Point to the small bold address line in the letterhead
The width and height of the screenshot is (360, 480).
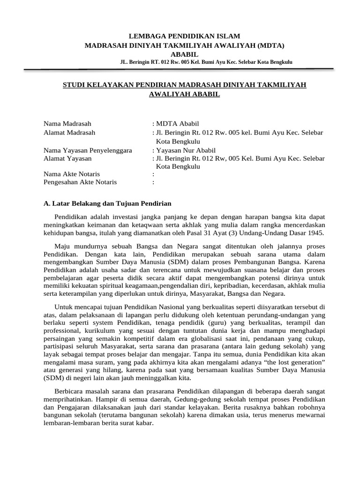[x=206, y=62]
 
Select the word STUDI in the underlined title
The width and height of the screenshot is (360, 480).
[x=74, y=84]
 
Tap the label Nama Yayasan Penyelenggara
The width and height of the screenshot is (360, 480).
[x=88, y=150]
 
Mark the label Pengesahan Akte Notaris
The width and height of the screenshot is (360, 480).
[x=80, y=182]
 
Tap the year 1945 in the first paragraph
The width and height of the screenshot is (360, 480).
[x=315, y=233]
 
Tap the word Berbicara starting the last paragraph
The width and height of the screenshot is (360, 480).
[x=70, y=391]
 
